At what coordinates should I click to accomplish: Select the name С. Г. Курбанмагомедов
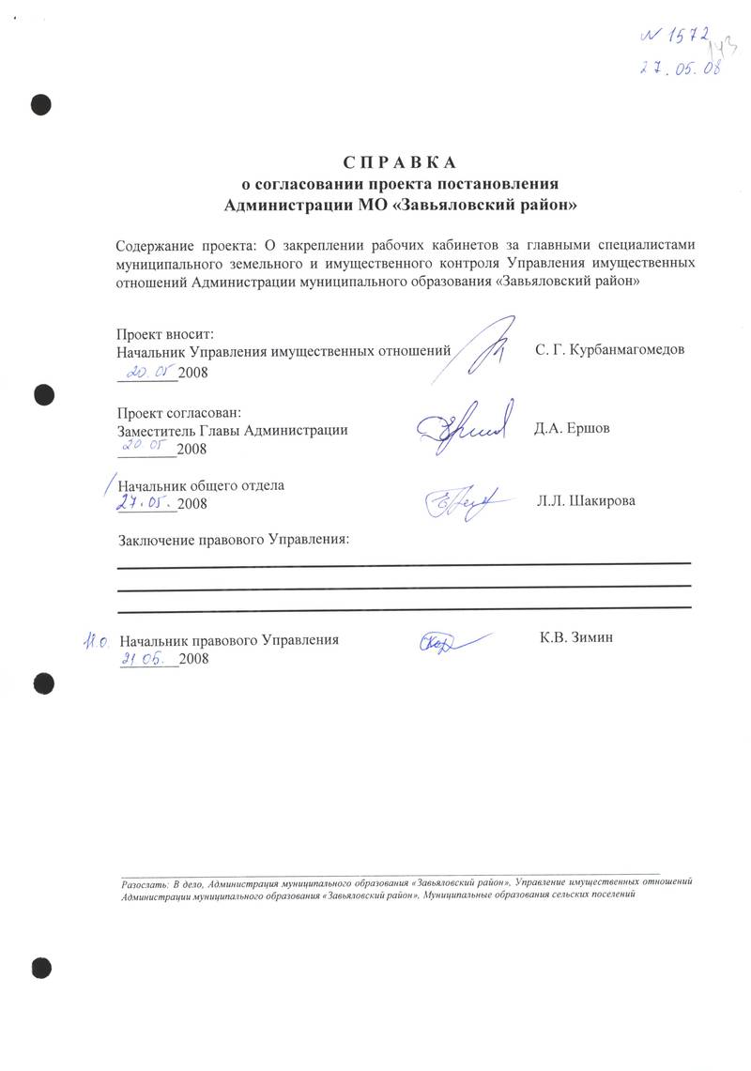[609, 350]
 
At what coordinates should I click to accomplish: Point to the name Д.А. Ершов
[572, 429]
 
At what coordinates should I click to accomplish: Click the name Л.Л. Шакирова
[586, 500]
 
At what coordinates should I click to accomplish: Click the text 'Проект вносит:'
[165, 333]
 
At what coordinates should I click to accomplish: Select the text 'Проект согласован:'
[178, 412]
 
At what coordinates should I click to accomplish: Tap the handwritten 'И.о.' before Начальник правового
[97, 641]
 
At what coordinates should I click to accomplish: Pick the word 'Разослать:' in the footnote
[144, 882]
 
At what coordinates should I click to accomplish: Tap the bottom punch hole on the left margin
[39, 968]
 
